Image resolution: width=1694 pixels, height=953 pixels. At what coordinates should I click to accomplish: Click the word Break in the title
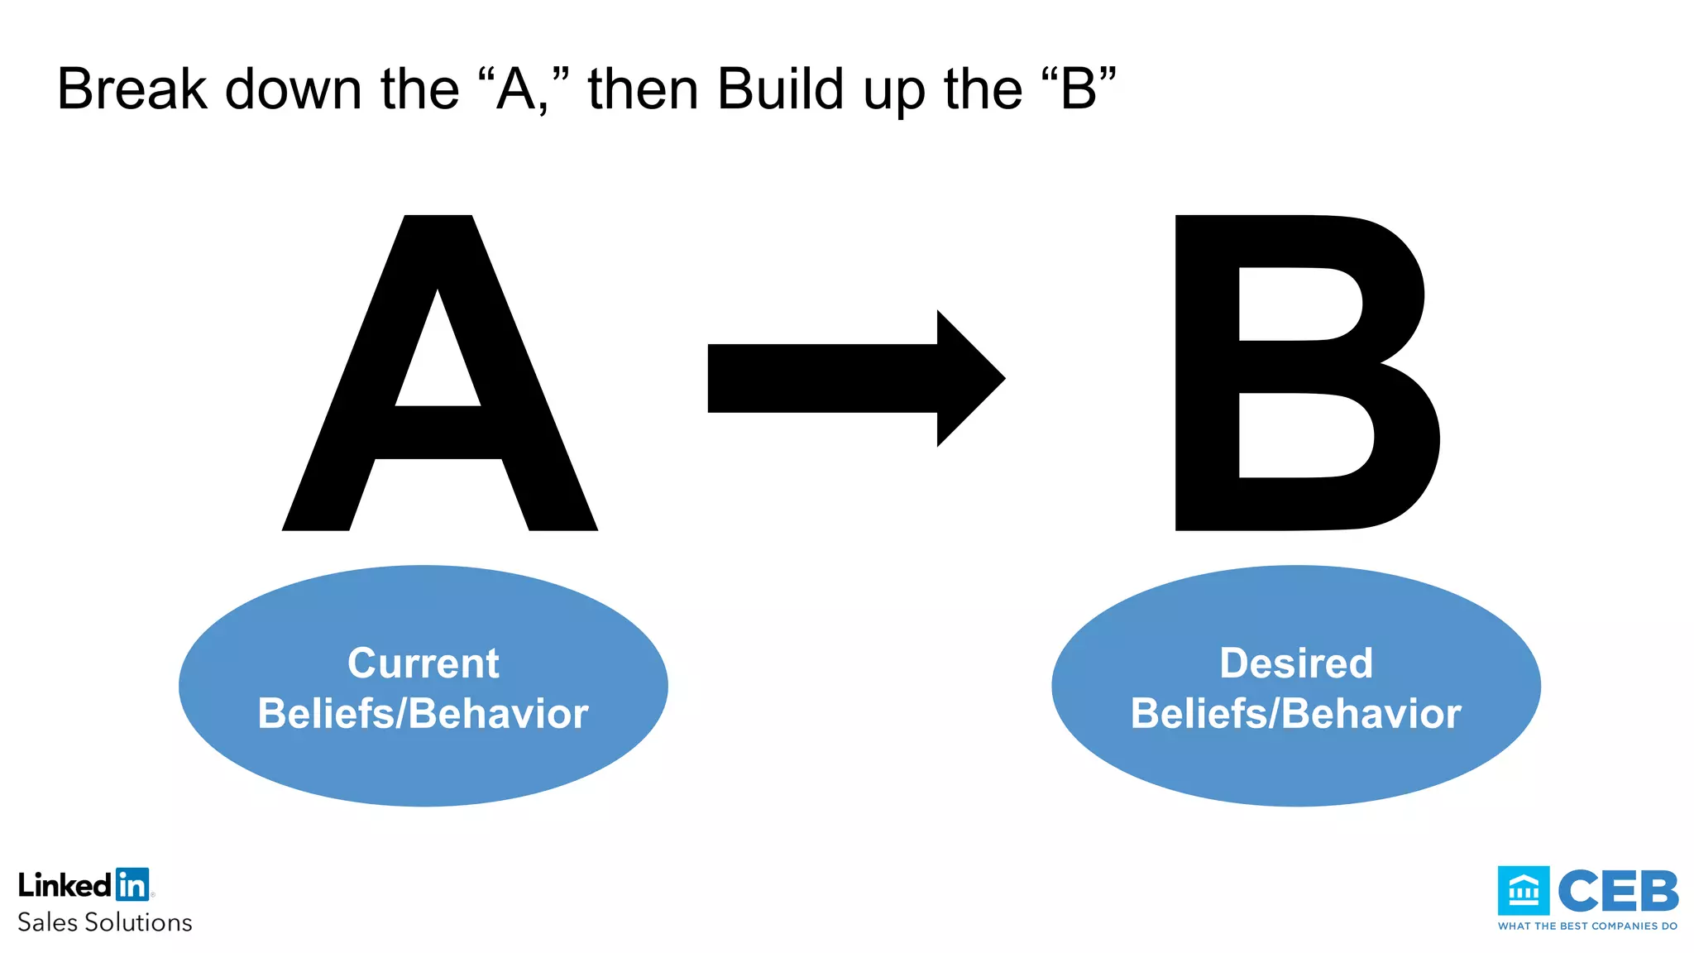click(x=132, y=89)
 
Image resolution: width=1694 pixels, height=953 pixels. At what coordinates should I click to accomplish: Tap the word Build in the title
click(x=780, y=89)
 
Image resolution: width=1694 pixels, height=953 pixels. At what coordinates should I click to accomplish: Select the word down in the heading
click(x=294, y=89)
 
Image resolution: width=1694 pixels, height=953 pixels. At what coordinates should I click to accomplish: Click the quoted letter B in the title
click(x=1079, y=89)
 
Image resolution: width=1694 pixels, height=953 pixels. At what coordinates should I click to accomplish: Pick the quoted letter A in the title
click(x=516, y=89)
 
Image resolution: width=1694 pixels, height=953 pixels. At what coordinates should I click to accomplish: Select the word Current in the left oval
click(x=423, y=663)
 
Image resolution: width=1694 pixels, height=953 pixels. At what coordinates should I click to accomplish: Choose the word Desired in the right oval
click(x=1296, y=663)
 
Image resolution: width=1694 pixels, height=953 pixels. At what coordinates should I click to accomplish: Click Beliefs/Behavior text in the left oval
click(x=423, y=714)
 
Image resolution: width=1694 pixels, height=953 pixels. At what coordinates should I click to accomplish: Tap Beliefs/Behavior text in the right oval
click(x=1296, y=714)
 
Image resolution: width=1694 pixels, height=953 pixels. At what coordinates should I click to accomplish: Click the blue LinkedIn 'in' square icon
click(x=132, y=884)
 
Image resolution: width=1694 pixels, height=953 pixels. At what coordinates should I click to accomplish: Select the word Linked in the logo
click(x=65, y=885)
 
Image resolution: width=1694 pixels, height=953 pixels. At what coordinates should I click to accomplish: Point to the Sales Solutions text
click(x=105, y=922)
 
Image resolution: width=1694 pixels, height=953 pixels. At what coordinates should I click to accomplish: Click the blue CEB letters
click(x=1618, y=891)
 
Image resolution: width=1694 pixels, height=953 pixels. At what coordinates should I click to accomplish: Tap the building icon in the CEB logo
click(x=1523, y=891)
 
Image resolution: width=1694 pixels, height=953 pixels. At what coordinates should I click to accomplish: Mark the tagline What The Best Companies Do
click(x=1587, y=927)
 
